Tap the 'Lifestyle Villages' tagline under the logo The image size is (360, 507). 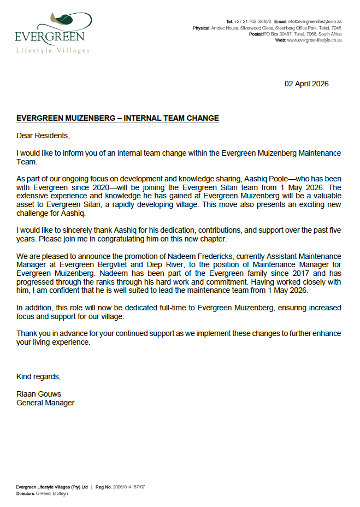(x=52, y=50)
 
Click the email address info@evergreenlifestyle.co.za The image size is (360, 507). (x=315, y=21)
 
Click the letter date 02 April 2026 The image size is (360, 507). (x=306, y=84)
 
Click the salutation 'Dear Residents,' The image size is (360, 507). (x=43, y=135)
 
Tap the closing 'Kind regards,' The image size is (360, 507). (x=39, y=377)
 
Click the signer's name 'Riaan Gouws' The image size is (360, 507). (x=38, y=394)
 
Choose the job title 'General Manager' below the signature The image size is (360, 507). (x=45, y=403)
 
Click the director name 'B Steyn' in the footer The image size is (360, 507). (x=60, y=493)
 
